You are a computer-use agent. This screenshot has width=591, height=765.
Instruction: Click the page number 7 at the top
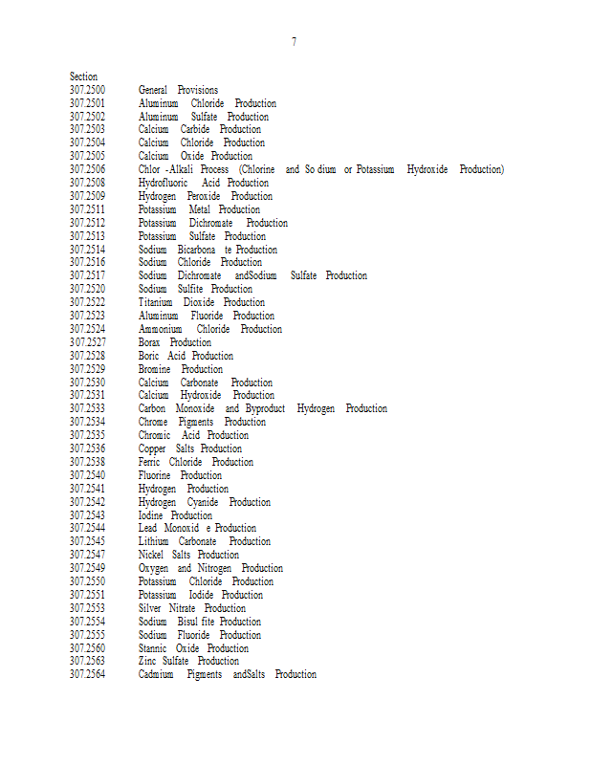294,42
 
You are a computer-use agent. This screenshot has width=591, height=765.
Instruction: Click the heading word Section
83,76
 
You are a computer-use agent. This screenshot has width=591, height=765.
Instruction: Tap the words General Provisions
178,90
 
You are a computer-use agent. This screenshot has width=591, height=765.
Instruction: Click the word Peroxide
203,196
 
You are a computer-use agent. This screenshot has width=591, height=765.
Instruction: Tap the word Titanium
155,302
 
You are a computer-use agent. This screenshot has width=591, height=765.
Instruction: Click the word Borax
149,342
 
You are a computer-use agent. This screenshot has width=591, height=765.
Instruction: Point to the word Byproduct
265,408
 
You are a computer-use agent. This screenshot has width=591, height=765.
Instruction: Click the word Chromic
154,435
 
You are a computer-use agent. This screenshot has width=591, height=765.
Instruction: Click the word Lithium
153,541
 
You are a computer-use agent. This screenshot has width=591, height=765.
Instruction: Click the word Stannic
153,648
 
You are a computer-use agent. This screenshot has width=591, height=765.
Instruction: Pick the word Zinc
147,661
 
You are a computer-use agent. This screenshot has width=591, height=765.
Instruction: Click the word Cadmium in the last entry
156,674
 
